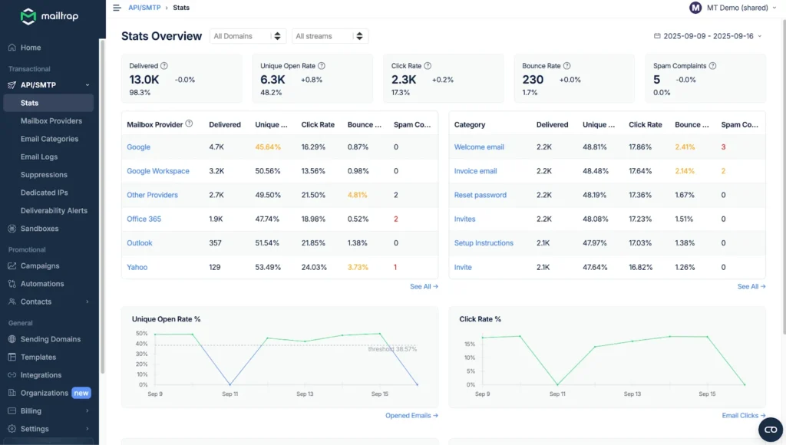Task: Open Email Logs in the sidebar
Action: pos(39,157)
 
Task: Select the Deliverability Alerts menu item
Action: pos(54,210)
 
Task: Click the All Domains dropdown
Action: pos(247,36)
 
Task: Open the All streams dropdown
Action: pos(329,36)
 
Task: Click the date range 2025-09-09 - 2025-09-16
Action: pos(708,36)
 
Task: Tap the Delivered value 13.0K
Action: pos(144,80)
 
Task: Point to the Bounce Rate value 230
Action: pos(533,80)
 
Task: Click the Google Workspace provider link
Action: pos(157,171)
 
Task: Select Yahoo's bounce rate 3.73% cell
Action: pos(358,267)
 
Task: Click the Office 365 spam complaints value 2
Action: pos(395,219)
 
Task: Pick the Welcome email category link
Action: pos(479,147)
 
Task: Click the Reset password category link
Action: pos(480,195)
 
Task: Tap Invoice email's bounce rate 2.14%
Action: pos(685,171)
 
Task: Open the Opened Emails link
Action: pos(411,415)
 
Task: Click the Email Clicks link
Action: pos(743,415)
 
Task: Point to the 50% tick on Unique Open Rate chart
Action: pos(141,334)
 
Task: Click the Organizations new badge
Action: pos(81,393)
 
